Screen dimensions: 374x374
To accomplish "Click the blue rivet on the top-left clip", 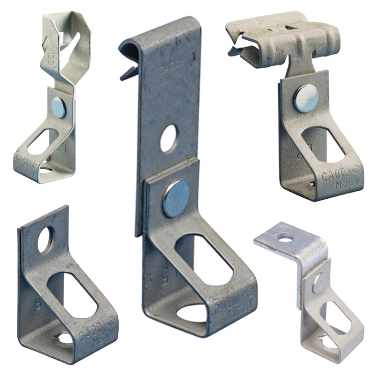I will pos(59,108).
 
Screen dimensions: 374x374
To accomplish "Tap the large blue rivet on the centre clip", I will pos(177,198).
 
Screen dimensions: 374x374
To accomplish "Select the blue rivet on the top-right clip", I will pos(306,98).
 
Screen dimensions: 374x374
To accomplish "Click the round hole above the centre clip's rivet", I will pos(169,138).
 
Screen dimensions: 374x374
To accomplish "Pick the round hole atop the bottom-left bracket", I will pos(45,240).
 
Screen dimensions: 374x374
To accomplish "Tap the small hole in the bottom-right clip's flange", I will pos(285,237).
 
